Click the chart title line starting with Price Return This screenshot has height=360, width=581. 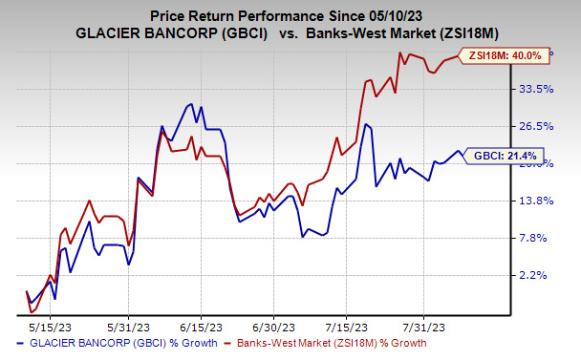(x=291, y=13)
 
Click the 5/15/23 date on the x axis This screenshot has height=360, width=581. (x=56, y=324)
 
